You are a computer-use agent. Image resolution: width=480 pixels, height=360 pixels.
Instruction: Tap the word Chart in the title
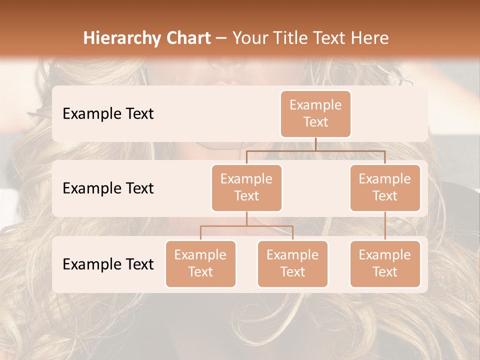coord(186,38)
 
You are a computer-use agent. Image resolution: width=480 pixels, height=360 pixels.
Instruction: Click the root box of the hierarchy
coord(315,113)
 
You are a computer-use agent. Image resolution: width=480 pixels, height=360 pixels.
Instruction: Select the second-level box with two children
coord(246,187)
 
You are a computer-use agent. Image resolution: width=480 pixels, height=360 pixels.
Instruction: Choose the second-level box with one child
coord(385,187)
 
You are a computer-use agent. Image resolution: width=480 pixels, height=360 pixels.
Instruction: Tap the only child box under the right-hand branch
coord(385,263)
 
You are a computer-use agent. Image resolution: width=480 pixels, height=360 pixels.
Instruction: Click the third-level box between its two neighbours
coord(292,263)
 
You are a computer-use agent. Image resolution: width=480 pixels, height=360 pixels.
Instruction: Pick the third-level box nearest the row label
coord(200,263)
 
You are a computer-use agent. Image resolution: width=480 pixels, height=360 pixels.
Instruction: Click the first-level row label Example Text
coord(108,113)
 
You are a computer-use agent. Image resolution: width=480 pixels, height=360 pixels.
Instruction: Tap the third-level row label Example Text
coord(108,264)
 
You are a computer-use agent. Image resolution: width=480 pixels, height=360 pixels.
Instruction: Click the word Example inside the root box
coord(315,105)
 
